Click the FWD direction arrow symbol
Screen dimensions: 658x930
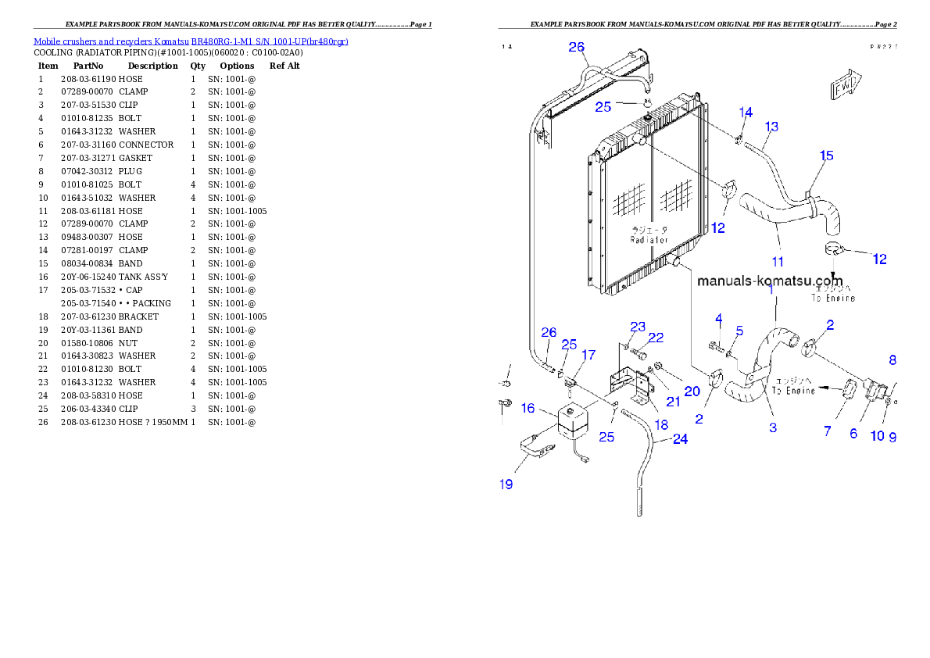(x=845, y=85)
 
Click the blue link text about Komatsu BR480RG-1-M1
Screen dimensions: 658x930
(x=191, y=41)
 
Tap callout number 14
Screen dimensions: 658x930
(x=746, y=113)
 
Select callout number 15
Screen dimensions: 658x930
(x=826, y=156)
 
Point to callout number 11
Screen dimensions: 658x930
(x=778, y=262)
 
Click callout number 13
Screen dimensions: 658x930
(x=771, y=127)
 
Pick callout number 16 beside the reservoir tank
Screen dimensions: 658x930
(x=528, y=408)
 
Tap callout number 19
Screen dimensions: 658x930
(x=506, y=485)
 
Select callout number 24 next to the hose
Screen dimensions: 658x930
(x=680, y=439)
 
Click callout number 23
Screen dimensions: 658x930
(x=638, y=327)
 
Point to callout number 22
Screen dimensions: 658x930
(x=656, y=338)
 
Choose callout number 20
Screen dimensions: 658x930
(x=692, y=391)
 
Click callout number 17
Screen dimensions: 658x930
(x=588, y=356)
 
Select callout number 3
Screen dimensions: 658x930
(x=773, y=427)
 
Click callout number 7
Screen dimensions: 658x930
(x=828, y=431)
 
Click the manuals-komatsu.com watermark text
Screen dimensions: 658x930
(x=769, y=280)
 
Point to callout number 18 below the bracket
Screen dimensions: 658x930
(x=661, y=425)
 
